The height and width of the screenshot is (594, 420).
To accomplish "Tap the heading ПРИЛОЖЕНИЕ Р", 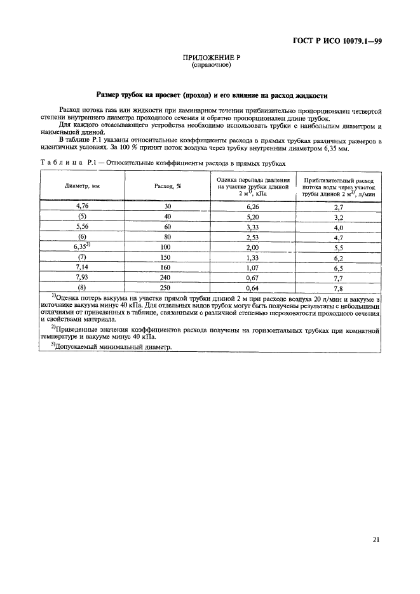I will [x=210, y=58].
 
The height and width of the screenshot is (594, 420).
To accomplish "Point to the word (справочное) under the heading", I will [x=210, y=65].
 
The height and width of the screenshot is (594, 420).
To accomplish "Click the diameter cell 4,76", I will [x=83, y=206].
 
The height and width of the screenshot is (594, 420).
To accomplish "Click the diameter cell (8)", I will [x=83, y=287].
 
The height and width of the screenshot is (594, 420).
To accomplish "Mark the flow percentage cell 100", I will [x=168, y=246].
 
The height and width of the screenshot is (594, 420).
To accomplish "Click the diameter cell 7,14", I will [x=83, y=267].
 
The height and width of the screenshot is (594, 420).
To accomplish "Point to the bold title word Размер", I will [x=111, y=95].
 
